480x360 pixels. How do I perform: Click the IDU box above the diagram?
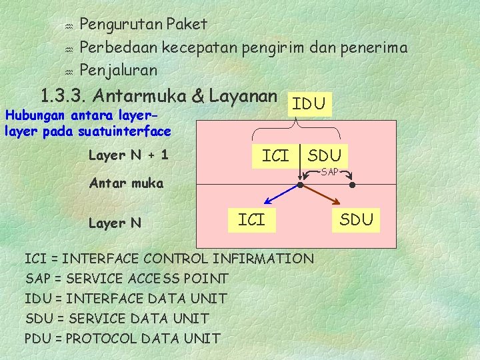(x=309, y=103)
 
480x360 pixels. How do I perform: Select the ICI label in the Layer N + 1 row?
(x=275, y=156)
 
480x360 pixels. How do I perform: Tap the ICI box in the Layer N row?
(x=251, y=219)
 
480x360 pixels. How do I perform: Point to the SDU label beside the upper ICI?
(x=325, y=156)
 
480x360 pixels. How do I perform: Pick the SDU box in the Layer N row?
(x=357, y=219)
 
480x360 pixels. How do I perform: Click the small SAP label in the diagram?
(x=330, y=173)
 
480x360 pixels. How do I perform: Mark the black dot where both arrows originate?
(x=301, y=185)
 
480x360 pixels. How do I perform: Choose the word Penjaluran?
(x=118, y=69)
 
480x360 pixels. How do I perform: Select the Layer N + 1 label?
(x=128, y=155)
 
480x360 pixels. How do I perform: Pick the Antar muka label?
(x=126, y=183)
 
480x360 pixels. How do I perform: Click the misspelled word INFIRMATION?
(x=267, y=258)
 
